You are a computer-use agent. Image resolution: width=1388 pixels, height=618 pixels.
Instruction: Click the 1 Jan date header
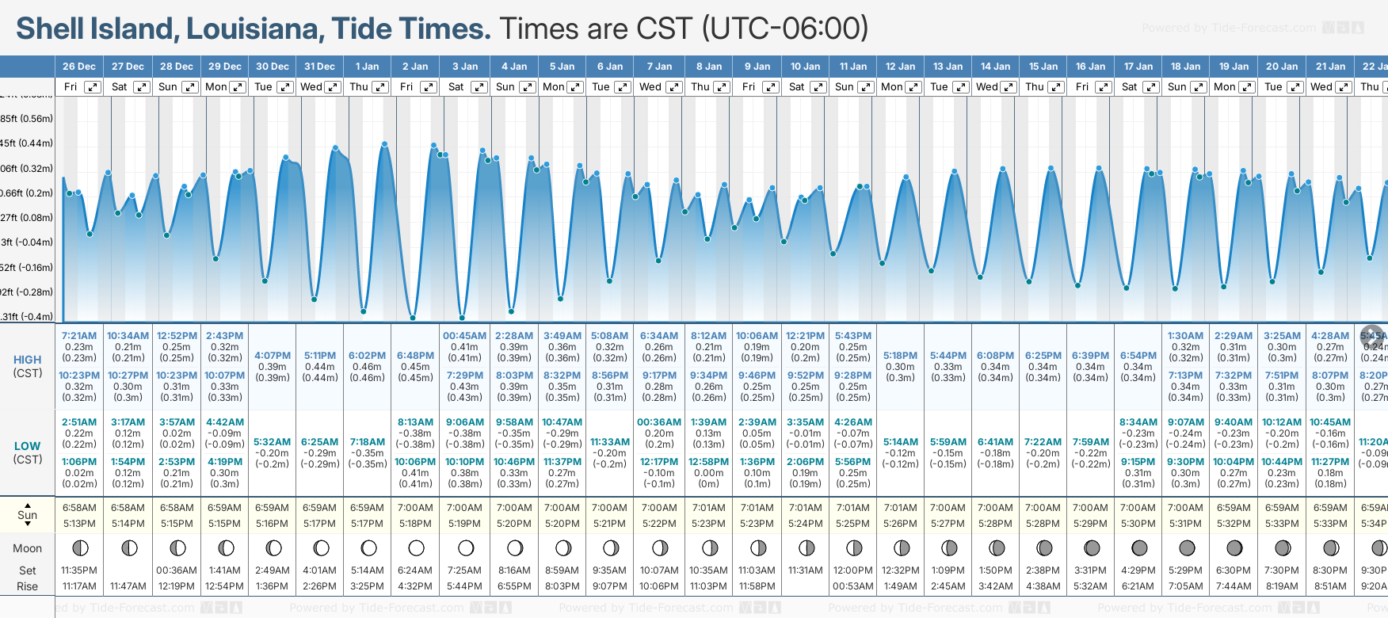(x=367, y=67)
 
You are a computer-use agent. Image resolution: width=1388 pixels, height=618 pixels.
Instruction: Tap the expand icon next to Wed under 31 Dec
(x=333, y=87)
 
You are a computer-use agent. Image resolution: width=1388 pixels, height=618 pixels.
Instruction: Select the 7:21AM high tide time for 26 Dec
(x=79, y=336)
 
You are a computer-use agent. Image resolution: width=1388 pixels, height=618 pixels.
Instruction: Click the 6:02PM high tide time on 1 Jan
(x=367, y=356)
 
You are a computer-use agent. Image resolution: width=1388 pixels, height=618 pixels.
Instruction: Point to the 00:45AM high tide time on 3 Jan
(x=464, y=336)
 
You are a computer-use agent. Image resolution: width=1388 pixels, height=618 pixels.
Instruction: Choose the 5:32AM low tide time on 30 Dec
(x=272, y=442)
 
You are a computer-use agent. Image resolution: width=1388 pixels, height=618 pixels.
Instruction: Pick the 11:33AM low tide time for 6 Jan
(x=610, y=442)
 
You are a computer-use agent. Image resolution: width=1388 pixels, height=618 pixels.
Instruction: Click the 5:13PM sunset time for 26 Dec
(x=79, y=524)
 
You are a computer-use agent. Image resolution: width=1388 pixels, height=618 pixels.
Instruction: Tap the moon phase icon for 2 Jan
(x=416, y=547)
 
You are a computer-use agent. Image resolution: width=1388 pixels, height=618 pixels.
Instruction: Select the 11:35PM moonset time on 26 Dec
(x=79, y=570)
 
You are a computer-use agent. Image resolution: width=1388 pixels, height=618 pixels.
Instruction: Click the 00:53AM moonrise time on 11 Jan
(x=852, y=586)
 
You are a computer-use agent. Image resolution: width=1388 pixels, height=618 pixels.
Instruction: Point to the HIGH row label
(x=27, y=360)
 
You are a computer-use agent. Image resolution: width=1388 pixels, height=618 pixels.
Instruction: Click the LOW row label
(x=27, y=446)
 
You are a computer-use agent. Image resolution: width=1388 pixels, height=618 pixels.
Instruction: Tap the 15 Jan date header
(x=1043, y=67)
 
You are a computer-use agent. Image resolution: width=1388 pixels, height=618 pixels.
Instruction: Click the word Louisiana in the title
(x=254, y=29)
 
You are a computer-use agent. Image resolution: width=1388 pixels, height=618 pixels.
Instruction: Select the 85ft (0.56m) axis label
(x=27, y=119)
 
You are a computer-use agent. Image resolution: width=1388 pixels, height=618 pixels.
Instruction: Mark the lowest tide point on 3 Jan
(x=462, y=318)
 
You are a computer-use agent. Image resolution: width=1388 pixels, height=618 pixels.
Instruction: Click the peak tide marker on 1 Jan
(x=384, y=144)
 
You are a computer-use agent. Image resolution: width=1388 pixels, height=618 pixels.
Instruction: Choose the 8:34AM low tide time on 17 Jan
(x=1138, y=422)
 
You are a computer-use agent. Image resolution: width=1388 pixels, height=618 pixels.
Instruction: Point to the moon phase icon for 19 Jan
(x=1234, y=547)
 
